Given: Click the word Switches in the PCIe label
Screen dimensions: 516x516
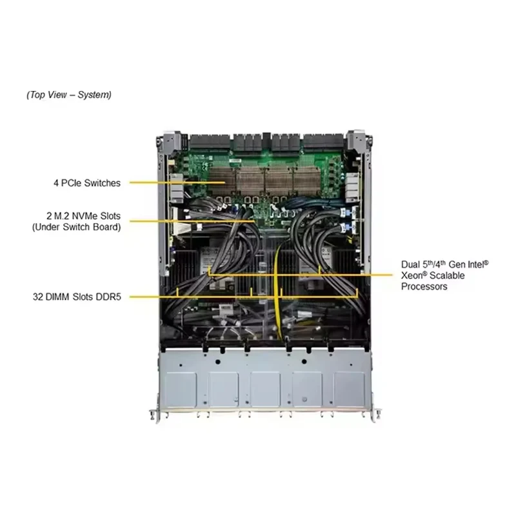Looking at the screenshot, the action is [103, 183].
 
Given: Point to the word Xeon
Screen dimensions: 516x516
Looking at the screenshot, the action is [412, 275].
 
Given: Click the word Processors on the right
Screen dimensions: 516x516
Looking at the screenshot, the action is [424, 286].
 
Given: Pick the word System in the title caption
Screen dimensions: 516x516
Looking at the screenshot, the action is [94, 95].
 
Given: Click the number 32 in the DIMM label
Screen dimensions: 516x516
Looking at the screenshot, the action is [38, 297].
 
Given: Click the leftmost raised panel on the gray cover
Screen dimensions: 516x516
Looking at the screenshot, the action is [181, 390].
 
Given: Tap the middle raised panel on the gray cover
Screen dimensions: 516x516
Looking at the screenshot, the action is [265, 390].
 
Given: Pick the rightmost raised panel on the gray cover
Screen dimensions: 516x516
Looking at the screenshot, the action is [349, 390].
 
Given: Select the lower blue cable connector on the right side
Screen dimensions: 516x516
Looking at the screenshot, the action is [345, 227].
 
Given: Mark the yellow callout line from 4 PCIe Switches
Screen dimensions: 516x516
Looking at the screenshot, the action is [177, 183].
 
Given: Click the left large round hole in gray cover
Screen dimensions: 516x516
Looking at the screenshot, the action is [217, 362].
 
